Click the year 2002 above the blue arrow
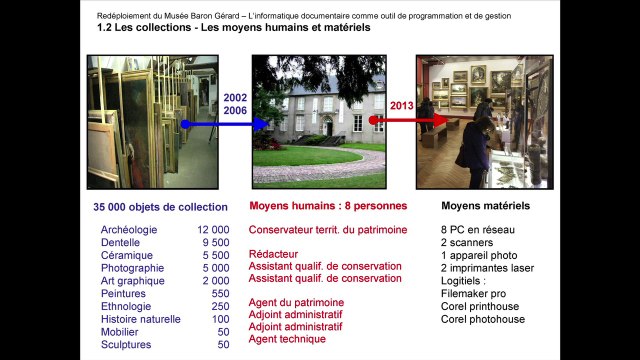pos(235,97)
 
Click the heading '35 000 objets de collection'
pos(160,207)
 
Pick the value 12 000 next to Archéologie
pos(213,230)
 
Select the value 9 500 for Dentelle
pos(216,243)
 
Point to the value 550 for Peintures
pos(220,294)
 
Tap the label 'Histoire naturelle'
pos(141,319)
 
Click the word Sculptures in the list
pos(127,344)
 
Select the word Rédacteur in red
pos(273,254)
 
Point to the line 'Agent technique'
pos(287,339)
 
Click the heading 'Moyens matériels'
pos(485,207)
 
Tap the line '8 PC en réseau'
pos(477,230)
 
